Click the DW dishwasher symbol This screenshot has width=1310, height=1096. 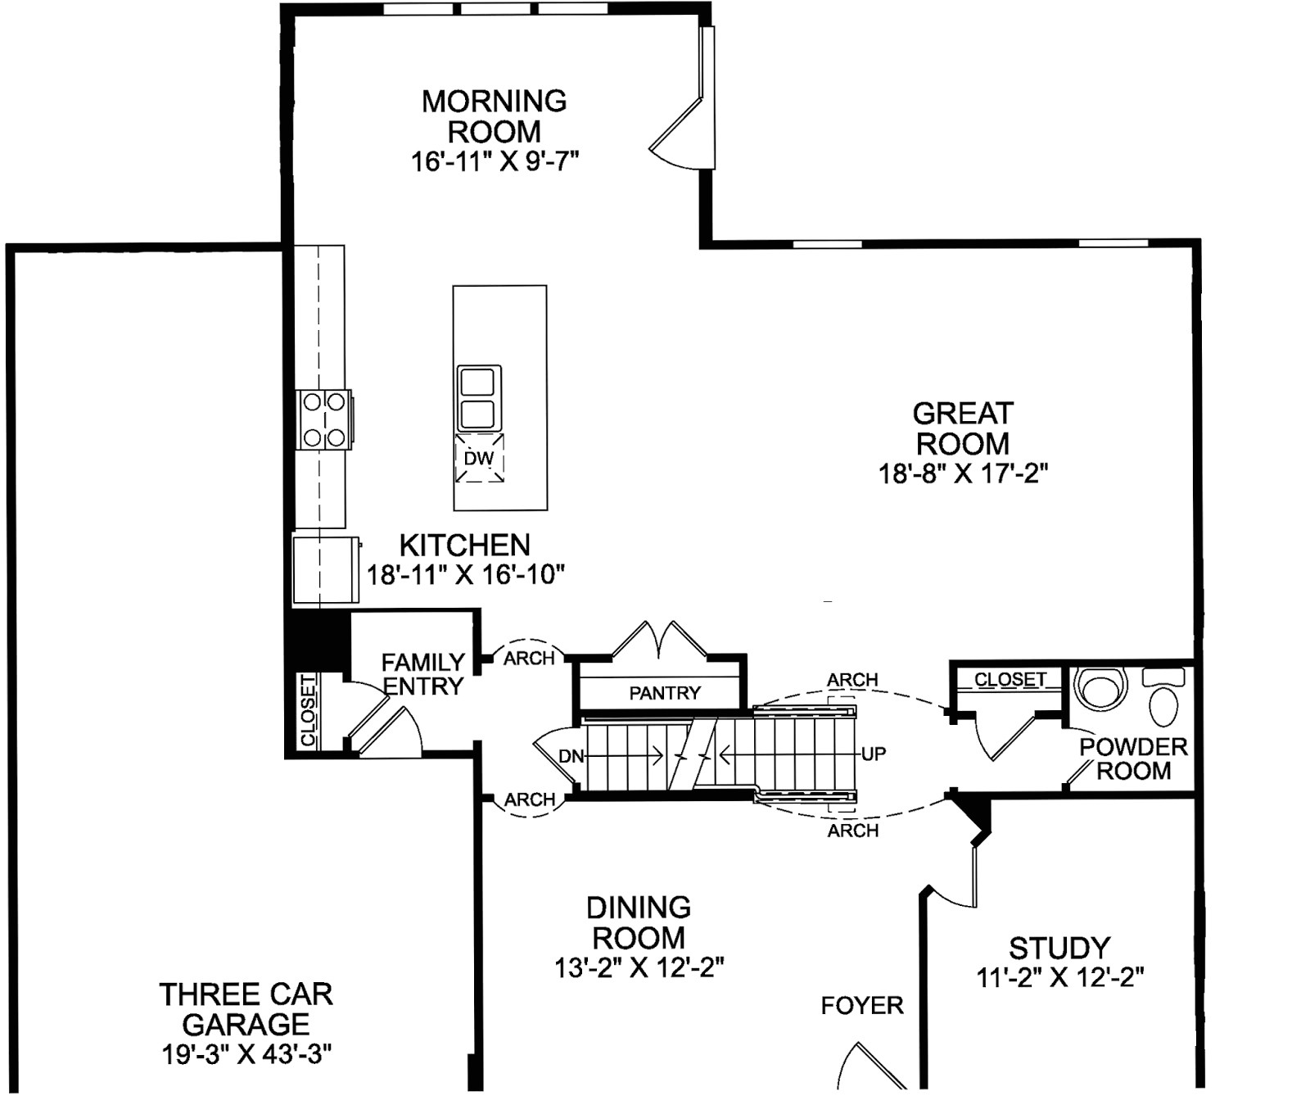479,458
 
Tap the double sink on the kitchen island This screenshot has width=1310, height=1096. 478,398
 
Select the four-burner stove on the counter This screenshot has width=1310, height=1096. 324,419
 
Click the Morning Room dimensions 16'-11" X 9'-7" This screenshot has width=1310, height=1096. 495,161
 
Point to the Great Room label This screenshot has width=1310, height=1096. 963,428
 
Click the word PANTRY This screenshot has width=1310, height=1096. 665,693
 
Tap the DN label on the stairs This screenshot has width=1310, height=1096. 571,757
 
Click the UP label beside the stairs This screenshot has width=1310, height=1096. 874,754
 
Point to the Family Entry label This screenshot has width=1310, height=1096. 423,673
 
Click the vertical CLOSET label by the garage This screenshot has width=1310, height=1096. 308,710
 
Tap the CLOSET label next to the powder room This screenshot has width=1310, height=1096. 1010,679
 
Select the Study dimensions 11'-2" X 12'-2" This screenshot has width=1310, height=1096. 1059,977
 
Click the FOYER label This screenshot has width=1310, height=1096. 862,1005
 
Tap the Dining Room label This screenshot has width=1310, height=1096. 639,922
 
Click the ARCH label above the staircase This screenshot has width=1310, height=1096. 852,680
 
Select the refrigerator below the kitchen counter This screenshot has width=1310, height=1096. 326,569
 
